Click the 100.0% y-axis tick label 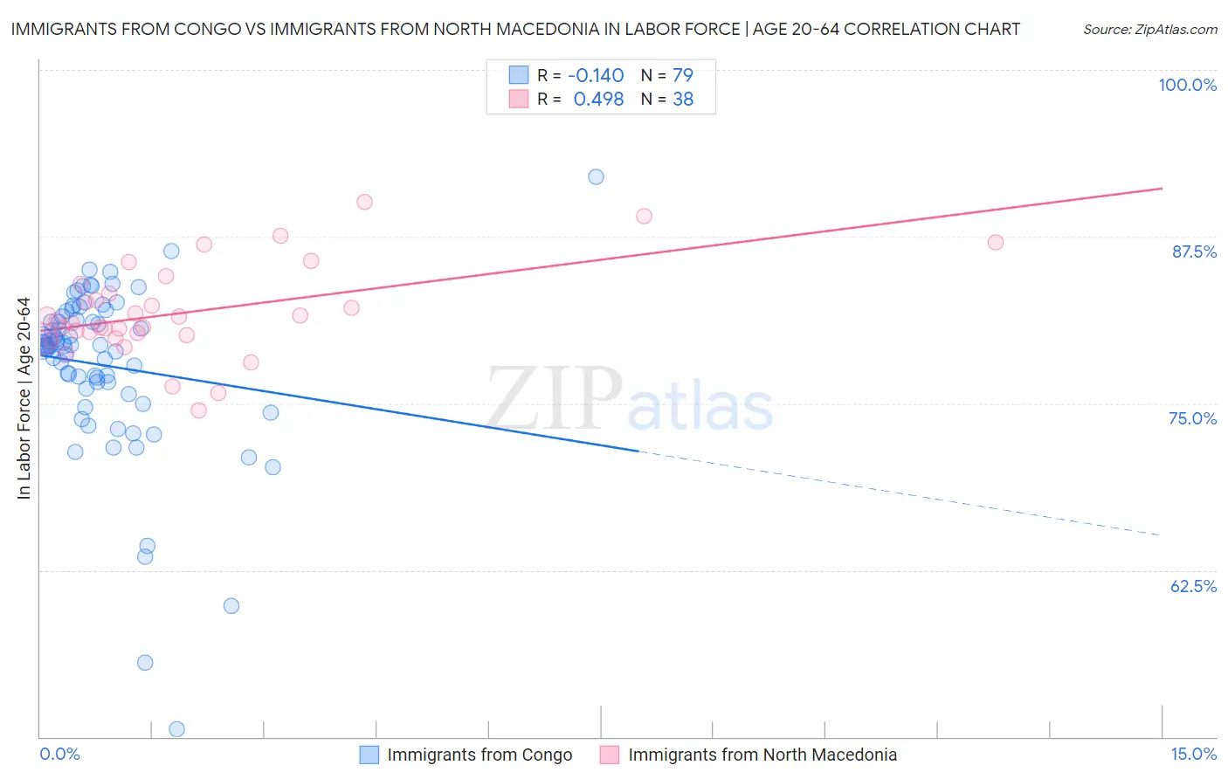point(1187,85)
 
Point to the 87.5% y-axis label point(1194,252)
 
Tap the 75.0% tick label point(1192,418)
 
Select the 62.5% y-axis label point(1193,586)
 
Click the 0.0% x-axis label point(59,754)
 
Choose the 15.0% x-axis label point(1193,754)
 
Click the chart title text point(515,29)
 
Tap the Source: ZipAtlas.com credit point(1149,29)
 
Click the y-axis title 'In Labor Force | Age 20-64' point(24,398)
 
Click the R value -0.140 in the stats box point(596,75)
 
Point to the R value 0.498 point(598,100)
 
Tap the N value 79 point(682,75)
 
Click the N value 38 point(682,100)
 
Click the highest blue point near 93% point(596,176)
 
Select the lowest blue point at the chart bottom point(176,729)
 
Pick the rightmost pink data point point(995,242)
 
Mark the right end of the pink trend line point(1162,188)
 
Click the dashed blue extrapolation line point(900,493)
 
